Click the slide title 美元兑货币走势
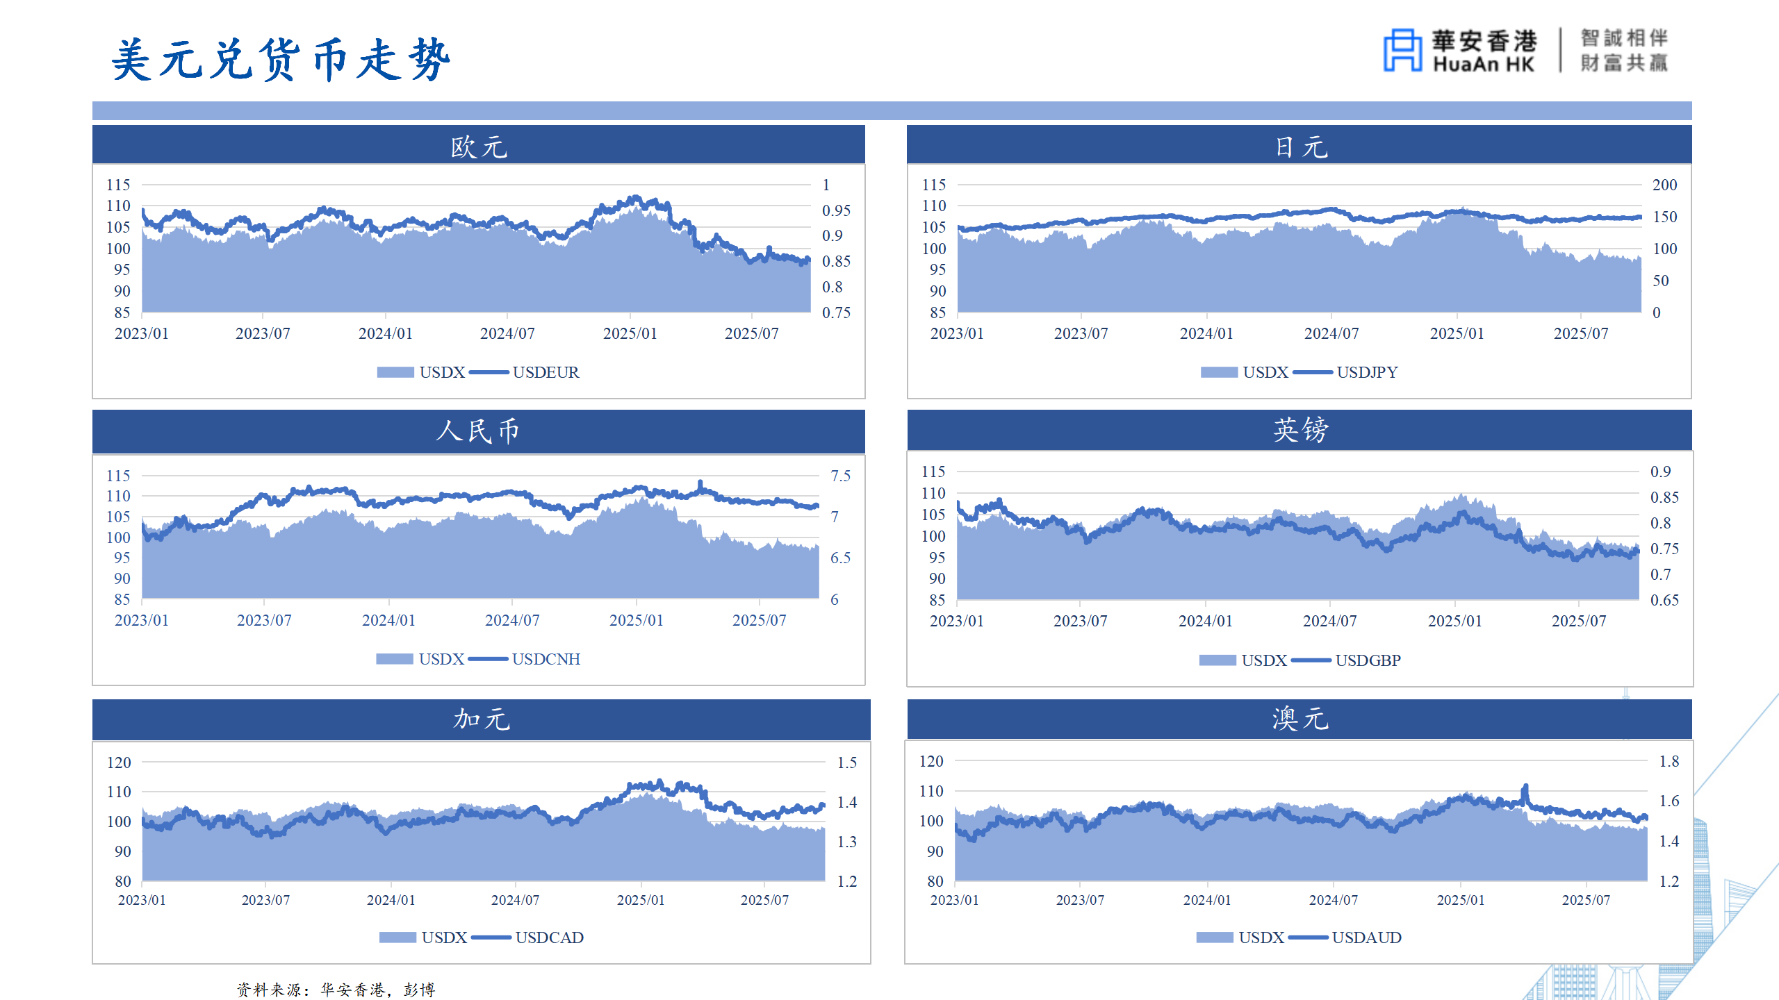pos(281,60)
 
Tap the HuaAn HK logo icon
pos(1402,50)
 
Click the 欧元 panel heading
pos(479,147)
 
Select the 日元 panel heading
pos(1300,147)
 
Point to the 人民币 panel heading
pos(478,431)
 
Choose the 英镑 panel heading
pos(1300,430)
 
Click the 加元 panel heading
pos(481,719)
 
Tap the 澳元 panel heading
pos(1300,719)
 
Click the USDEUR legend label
pos(546,372)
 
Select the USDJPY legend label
pos(1367,372)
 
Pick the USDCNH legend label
pos(546,659)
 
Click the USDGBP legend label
pos(1368,660)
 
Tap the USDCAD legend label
pos(549,937)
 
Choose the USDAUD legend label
pos(1366,937)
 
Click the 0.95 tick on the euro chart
pos(836,210)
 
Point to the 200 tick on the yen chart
pos(1664,185)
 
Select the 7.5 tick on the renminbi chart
pos(840,476)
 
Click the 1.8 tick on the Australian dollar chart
pos(1669,761)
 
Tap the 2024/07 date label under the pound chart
pos(1329,621)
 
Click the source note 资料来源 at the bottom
pos(336,989)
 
